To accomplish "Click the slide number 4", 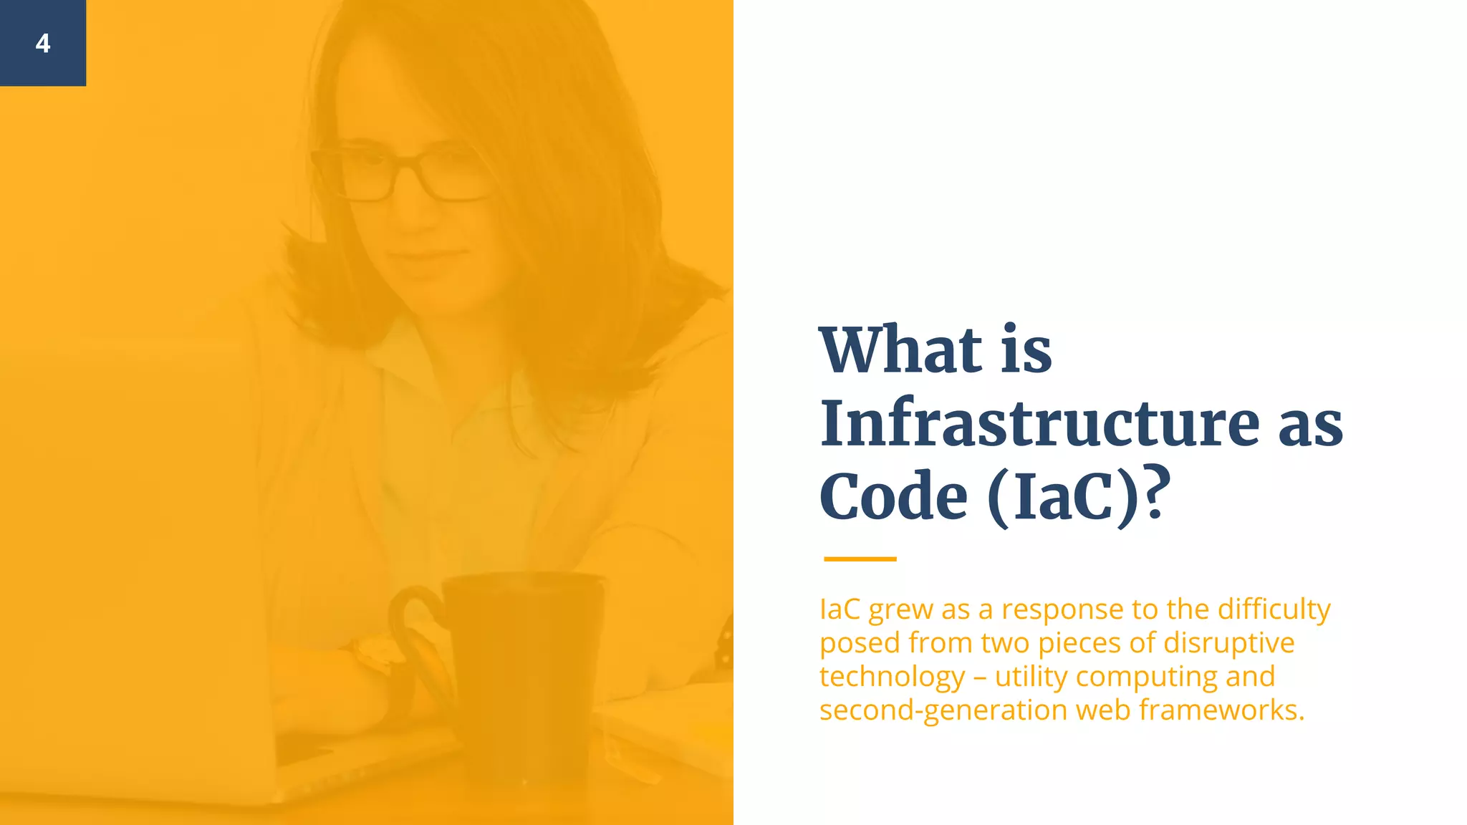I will [x=43, y=44].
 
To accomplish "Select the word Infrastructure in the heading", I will [x=1039, y=424].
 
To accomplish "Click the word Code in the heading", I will [x=893, y=497].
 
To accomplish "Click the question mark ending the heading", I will [x=1155, y=493].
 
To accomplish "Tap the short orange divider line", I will [x=860, y=559].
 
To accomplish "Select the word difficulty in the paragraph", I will [x=1274, y=610].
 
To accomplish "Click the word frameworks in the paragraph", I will [x=1221, y=710].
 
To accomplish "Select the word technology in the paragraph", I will [x=892, y=677].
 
